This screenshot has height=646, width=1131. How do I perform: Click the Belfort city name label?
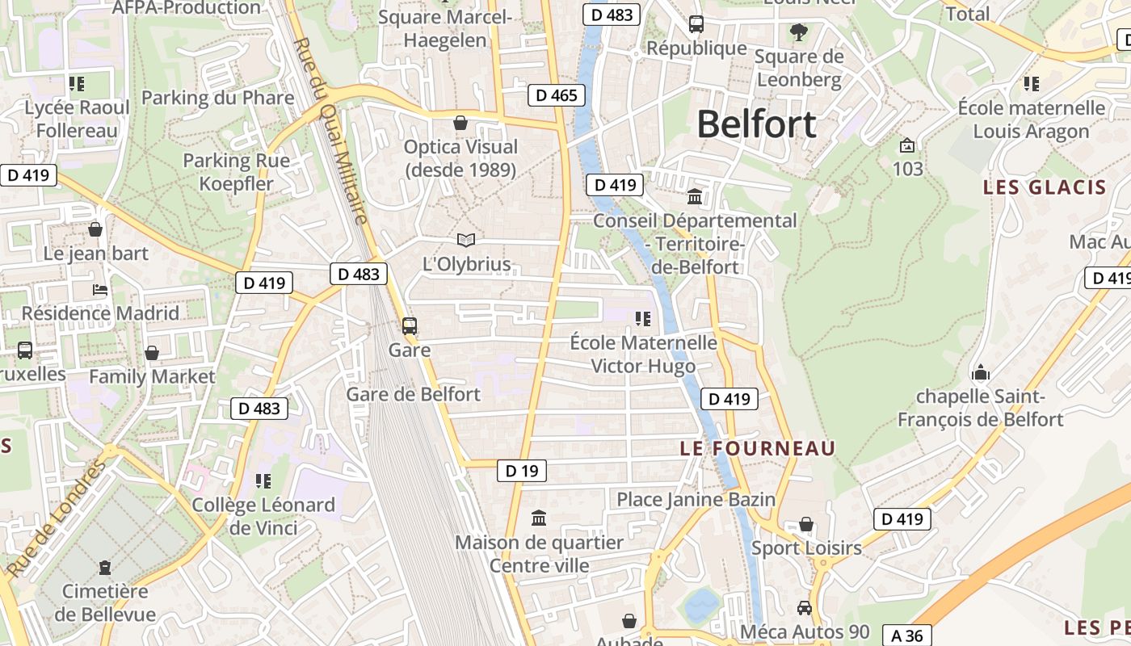[x=756, y=124]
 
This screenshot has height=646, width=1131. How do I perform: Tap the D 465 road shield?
[x=557, y=95]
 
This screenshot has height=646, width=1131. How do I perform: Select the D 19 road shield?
[x=521, y=470]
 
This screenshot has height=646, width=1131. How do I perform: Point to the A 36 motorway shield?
[x=907, y=635]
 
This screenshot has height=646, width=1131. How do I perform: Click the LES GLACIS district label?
[x=1044, y=187]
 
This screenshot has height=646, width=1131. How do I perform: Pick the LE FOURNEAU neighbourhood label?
[x=758, y=448]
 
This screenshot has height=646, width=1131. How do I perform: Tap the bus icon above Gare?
[x=410, y=326]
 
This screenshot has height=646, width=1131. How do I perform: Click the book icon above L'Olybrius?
[x=466, y=240]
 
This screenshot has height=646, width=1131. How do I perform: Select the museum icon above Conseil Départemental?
[x=695, y=196]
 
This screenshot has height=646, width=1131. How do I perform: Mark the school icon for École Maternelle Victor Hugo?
[x=643, y=319]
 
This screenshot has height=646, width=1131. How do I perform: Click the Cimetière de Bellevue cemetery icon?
[x=104, y=568]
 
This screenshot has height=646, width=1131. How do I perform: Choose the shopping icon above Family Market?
[x=151, y=353]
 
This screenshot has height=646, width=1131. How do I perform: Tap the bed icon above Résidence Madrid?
[x=100, y=290]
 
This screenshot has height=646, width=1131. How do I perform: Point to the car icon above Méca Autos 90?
[x=805, y=608]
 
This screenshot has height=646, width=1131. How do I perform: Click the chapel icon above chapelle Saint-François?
[x=981, y=372]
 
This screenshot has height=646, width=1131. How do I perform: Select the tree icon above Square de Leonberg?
[x=798, y=32]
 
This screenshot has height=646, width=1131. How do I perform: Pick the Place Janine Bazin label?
[x=696, y=499]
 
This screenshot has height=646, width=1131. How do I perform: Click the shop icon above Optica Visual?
[x=460, y=123]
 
